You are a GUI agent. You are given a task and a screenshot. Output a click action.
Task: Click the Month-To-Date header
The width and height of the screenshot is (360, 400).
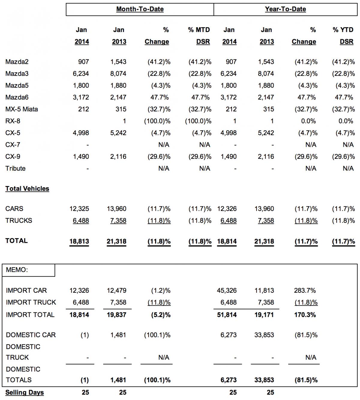[x=140, y=9]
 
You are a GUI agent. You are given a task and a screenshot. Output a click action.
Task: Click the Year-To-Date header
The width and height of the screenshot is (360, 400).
[x=285, y=9]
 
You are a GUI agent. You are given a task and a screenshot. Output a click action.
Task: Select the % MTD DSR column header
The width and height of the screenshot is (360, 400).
[x=199, y=36]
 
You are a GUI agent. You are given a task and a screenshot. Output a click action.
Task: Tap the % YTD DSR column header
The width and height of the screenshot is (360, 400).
[x=343, y=36]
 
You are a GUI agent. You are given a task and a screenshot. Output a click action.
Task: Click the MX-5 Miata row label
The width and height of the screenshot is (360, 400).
[x=22, y=109]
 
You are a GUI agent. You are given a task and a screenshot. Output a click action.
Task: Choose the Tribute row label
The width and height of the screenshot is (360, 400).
[x=15, y=168]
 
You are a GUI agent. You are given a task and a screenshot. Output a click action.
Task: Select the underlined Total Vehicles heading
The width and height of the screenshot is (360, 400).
[x=27, y=189]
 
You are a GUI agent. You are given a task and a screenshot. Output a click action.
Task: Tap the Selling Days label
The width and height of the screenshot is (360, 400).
[x=25, y=393]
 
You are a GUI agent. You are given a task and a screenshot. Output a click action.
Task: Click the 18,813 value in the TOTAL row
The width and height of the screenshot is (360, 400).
[x=79, y=241]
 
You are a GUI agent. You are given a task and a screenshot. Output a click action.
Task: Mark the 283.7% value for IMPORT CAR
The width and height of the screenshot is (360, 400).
[x=305, y=291]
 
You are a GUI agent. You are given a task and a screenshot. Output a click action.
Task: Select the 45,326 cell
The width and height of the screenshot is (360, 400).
[x=226, y=291]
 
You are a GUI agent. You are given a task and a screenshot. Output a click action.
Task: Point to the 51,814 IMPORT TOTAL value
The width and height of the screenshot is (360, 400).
[x=226, y=315]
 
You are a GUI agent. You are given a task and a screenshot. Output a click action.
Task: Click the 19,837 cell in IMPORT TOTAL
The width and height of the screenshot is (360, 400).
[x=116, y=315]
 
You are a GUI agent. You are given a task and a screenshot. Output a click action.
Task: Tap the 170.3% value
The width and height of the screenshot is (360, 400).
[x=305, y=315]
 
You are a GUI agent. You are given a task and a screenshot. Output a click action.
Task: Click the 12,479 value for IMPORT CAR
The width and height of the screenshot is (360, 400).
[x=116, y=291]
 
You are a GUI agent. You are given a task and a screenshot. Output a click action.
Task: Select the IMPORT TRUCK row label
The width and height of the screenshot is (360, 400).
[x=31, y=303]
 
